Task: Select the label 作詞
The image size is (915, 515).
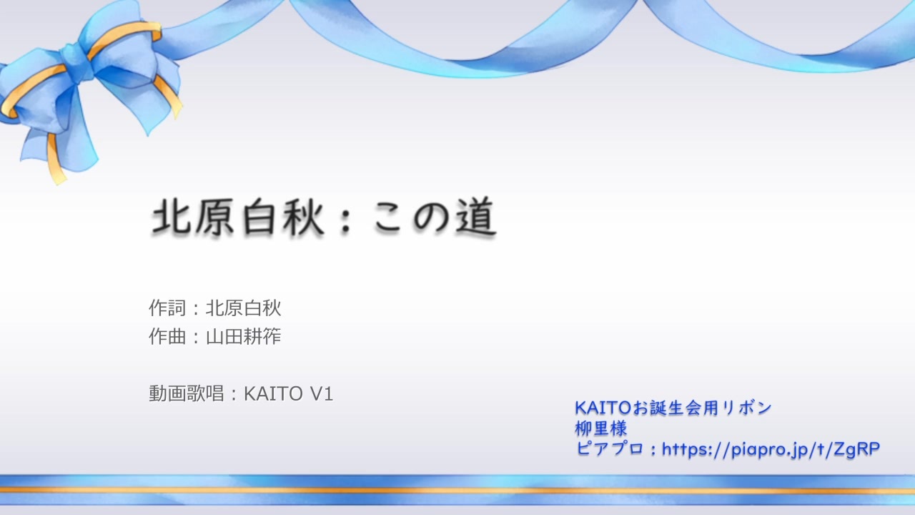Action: coord(167,308)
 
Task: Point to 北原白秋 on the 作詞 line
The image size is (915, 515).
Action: coord(244,308)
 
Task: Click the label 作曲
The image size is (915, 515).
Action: coord(167,337)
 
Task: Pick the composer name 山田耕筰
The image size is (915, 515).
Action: coord(244,337)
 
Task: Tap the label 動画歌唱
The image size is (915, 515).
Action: coord(186,394)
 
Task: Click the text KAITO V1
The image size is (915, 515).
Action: coord(289,394)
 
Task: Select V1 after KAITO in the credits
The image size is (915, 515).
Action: coord(322,394)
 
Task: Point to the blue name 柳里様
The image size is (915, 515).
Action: coord(601,429)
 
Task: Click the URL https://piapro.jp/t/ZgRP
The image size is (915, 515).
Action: coord(771,450)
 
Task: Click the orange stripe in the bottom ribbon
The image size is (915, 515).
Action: coord(457,491)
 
